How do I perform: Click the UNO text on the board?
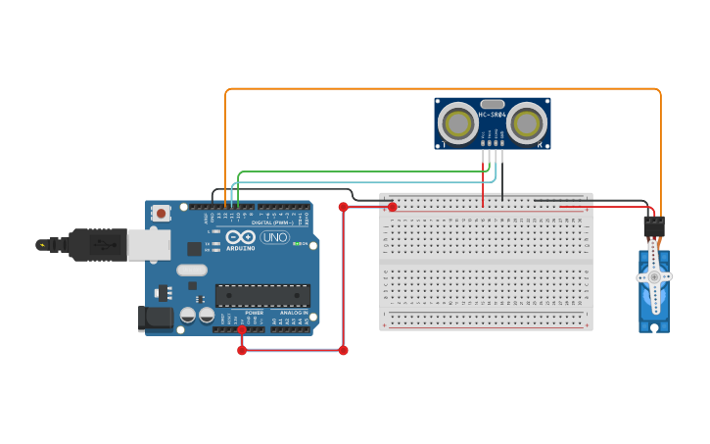tap(275, 237)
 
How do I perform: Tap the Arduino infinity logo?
tap(240, 237)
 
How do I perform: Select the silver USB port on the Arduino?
tap(148, 245)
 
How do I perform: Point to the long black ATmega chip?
tap(262, 295)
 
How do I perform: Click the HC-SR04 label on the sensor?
tap(492, 115)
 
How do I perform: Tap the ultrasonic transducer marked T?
tap(457, 123)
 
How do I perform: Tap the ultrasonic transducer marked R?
tap(527, 123)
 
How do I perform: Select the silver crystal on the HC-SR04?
tap(492, 104)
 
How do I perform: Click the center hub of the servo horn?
tap(654, 277)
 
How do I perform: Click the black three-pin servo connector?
tap(654, 226)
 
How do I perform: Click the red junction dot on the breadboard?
tap(393, 207)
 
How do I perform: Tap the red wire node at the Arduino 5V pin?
tap(242, 329)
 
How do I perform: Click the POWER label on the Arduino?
tap(254, 313)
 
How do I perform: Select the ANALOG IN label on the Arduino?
tap(294, 313)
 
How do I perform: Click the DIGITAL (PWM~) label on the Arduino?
tap(270, 222)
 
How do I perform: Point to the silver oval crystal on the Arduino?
tap(192, 270)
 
